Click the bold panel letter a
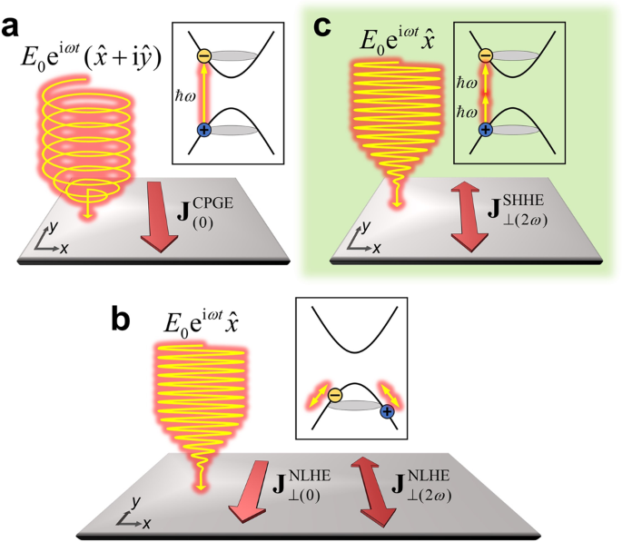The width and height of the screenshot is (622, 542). [15, 25]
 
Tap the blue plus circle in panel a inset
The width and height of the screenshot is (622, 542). [203, 131]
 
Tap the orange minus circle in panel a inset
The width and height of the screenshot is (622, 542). [203, 56]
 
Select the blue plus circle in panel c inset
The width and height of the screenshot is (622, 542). [486, 130]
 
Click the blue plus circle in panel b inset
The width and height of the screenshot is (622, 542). [388, 413]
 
